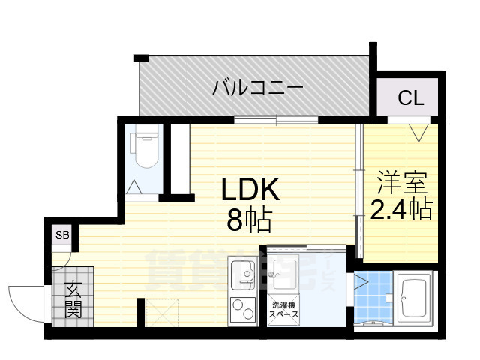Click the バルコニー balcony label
coord(257,88)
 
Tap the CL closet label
coord(410,97)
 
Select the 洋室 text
coord(401,182)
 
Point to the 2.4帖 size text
coord(401,209)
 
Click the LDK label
coord(250,191)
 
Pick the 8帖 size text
coord(250,220)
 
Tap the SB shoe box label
coord(62,235)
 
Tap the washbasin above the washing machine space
coord(284,271)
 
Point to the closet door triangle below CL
coord(418,133)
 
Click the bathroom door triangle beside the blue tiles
coord(361,283)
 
